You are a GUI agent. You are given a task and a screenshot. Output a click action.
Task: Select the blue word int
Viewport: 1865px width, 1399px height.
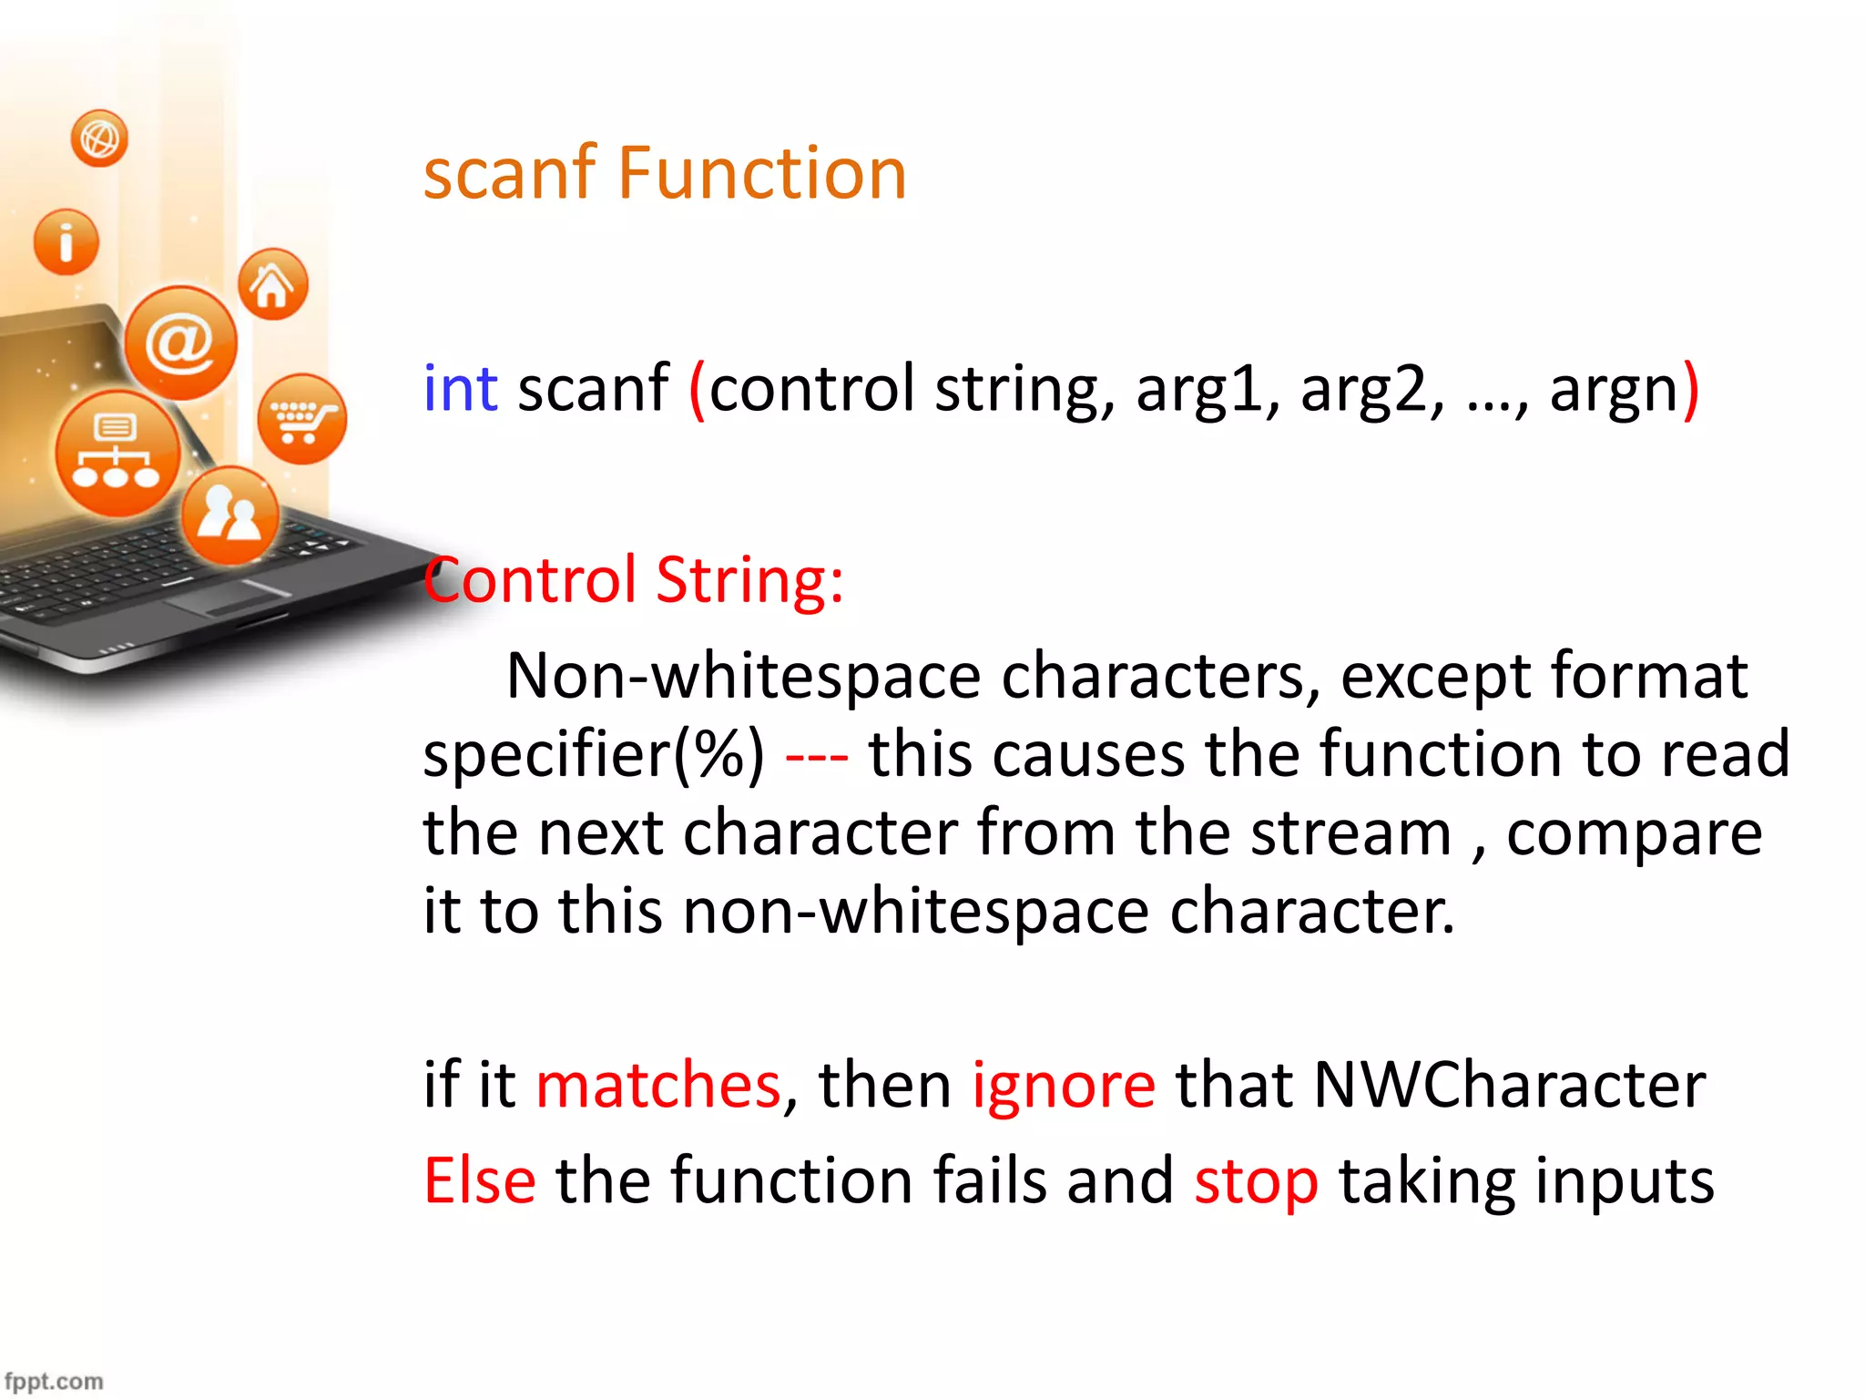461,390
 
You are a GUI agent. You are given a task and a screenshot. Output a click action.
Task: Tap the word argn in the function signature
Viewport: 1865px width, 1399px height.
1614,390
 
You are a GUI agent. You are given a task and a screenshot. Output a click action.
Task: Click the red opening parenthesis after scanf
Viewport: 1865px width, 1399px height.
697,390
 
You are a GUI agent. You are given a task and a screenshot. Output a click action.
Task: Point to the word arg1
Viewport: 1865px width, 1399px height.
1208,390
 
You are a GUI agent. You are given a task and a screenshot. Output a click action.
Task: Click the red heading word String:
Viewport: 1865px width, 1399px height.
749,580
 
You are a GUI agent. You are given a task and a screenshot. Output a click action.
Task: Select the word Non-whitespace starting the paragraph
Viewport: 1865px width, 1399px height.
743,677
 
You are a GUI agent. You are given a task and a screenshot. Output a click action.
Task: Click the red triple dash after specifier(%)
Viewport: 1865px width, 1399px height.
816,756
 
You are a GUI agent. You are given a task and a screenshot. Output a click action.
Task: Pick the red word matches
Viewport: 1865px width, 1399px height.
658,1086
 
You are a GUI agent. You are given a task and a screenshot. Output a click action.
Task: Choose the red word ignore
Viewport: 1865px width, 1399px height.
1064,1086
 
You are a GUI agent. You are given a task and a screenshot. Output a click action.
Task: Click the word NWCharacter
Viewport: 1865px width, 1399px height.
1509,1086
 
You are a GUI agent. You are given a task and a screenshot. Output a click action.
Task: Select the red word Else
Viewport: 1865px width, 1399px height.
480,1181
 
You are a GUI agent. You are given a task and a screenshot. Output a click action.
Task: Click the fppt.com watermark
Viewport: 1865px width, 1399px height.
54,1381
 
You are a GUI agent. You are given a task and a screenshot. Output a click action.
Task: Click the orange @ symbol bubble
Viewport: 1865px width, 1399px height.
180,343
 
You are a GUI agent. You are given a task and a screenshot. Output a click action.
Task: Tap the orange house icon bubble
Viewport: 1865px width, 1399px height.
272,285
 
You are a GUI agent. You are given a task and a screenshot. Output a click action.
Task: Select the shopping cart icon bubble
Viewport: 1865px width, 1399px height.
301,419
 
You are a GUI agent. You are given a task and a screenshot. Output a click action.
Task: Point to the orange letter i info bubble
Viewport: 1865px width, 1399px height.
66,242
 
